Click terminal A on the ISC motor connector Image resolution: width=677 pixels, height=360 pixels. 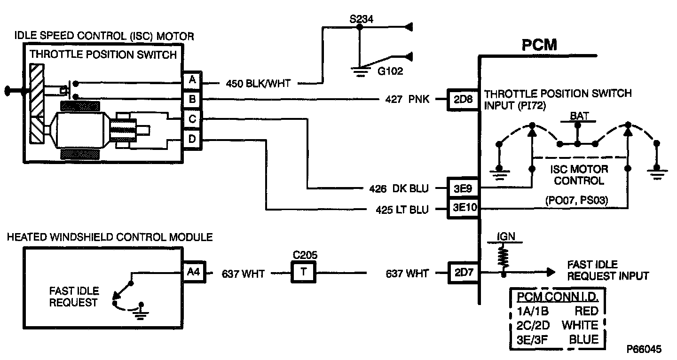click(191, 81)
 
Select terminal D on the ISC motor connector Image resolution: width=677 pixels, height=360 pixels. click(191, 140)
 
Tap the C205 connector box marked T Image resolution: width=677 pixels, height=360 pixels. click(303, 273)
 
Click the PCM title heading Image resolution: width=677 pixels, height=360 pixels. click(539, 45)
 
